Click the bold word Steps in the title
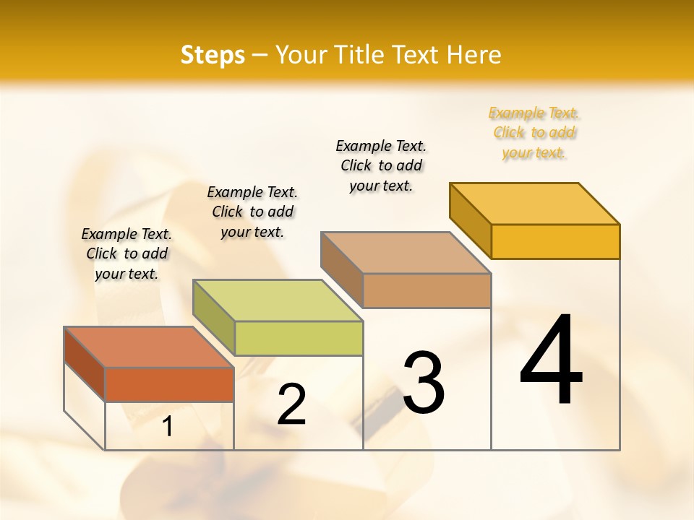[212, 55]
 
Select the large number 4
[551, 361]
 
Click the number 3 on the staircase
[423, 383]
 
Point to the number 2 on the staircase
[291, 404]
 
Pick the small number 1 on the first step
[168, 427]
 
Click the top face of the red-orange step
[148, 347]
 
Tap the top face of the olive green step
[277, 300]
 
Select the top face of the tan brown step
[406, 253]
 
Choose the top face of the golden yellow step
[534, 204]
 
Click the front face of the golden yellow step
[555, 241]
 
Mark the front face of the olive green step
[299, 339]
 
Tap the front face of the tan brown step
[427, 291]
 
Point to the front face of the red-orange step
[169, 384]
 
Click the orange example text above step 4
[534, 133]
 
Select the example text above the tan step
[381, 165]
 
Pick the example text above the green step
[252, 212]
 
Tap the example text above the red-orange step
[127, 253]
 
